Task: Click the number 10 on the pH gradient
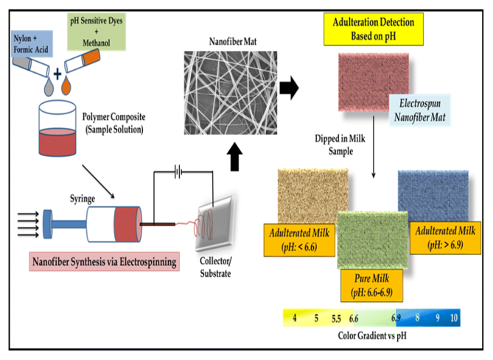(452, 319)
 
